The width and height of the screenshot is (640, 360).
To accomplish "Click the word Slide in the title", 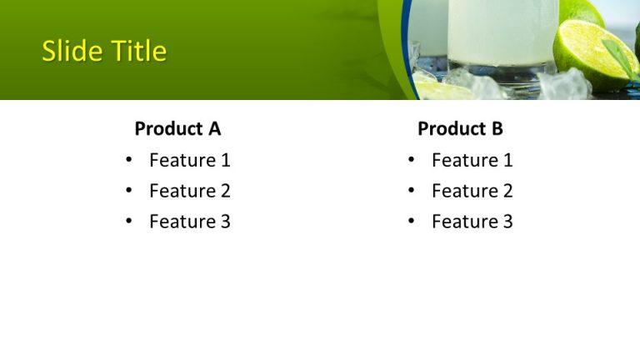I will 70,52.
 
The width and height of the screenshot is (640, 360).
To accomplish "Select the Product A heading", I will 177,128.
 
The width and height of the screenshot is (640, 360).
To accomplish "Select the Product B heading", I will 460,128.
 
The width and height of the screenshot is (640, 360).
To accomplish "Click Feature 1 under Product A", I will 189,160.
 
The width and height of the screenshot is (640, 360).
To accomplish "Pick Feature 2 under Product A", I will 189,191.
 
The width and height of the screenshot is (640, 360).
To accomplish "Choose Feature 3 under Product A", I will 189,222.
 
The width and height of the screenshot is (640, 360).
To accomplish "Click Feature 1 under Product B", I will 472,160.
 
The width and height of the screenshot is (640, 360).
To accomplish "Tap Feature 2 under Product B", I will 472,191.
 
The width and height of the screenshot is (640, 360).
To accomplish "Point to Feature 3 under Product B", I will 472,222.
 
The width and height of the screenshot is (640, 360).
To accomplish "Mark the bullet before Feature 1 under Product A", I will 129,160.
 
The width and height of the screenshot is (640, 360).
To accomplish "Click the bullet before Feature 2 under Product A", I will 129,191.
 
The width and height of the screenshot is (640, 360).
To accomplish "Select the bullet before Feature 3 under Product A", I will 129,222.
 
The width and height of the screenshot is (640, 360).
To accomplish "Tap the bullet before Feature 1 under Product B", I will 412,160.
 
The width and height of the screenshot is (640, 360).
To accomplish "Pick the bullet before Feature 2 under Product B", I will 412,191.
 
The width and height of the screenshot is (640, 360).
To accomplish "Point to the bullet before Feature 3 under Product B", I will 412,222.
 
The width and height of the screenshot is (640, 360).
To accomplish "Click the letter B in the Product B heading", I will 497,128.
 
